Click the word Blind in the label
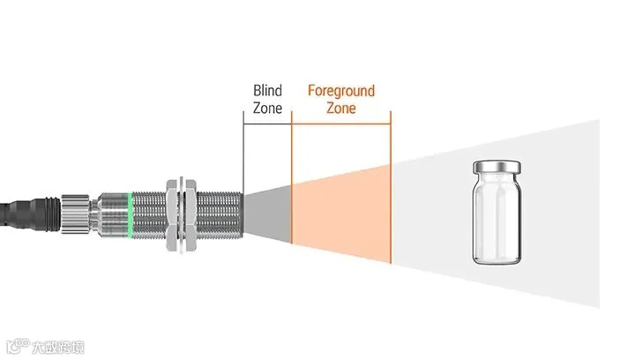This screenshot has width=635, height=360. pyautogui.click(x=267, y=90)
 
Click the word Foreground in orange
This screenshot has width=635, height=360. pyautogui.click(x=341, y=91)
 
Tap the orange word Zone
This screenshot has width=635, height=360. pyautogui.click(x=341, y=109)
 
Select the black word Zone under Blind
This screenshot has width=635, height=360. pyautogui.click(x=267, y=109)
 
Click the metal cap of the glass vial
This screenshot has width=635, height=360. pyautogui.click(x=497, y=166)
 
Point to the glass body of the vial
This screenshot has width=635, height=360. pyautogui.click(x=497, y=219)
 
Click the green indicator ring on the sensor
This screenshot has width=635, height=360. pyautogui.click(x=130, y=214)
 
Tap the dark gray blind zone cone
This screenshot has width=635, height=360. pyautogui.click(x=268, y=214)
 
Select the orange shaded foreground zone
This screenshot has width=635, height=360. pyautogui.click(x=341, y=214)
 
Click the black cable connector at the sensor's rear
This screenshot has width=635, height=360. pyautogui.click(x=30, y=214)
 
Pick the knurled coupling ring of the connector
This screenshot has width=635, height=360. pyautogui.click(x=75, y=214)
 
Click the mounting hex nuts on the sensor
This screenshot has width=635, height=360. pyautogui.click(x=181, y=214)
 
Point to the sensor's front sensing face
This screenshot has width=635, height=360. pyautogui.click(x=243, y=214)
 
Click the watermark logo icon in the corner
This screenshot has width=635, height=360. pyautogui.click(x=18, y=346)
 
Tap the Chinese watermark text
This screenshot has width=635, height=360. pyautogui.click(x=58, y=348)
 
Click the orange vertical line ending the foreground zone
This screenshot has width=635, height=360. pyautogui.click(x=391, y=187)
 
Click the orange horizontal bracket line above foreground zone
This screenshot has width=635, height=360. pyautogui.click(x=341, y=124)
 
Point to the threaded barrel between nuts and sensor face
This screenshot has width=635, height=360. pyautogui.click(x=220, y=214)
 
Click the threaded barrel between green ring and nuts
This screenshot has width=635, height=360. pyautogui.click(x=149, y=214)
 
